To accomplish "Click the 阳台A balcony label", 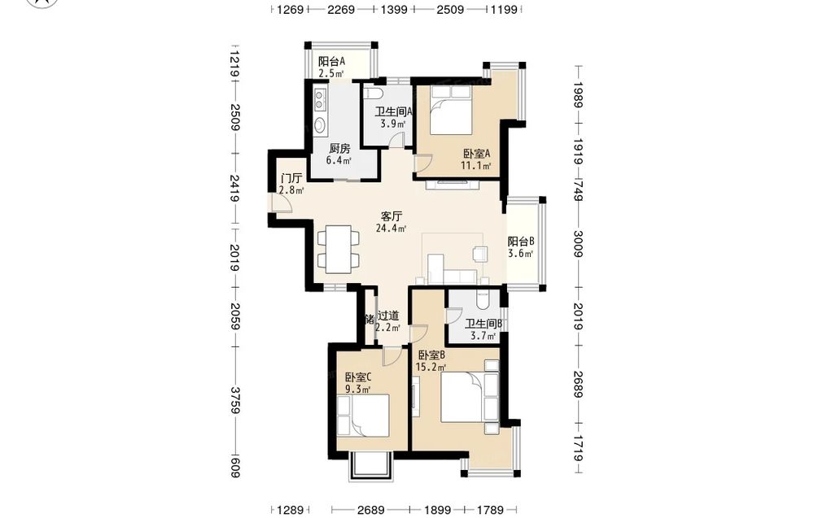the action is click(x=332, y=62).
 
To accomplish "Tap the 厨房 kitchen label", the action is click(x=339, y=149).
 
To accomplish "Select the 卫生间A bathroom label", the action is click(x=394, y=111).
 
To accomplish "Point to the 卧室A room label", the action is click(x=477, y=154).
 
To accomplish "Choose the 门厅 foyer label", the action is click(x=291, y=179).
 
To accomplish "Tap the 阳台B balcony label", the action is click(x=521, y=242).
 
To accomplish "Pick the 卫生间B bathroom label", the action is click(x=484, y=324).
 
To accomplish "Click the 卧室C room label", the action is click(x=358, y=377).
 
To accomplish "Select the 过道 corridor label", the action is click(x=388, y=316).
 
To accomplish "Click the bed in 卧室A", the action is click(x=451, y=110).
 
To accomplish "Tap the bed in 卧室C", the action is click(x=363, y=416).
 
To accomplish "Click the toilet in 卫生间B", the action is click(x=481, y=298).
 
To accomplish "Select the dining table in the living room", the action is click(x=338, y=250).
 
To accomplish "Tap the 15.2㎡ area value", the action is click(x=431, y=368).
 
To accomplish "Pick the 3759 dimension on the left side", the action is click(x=235, y=400).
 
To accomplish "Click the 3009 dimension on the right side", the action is click(x=579, y=243).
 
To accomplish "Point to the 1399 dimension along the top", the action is click(x=394, y=9).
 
